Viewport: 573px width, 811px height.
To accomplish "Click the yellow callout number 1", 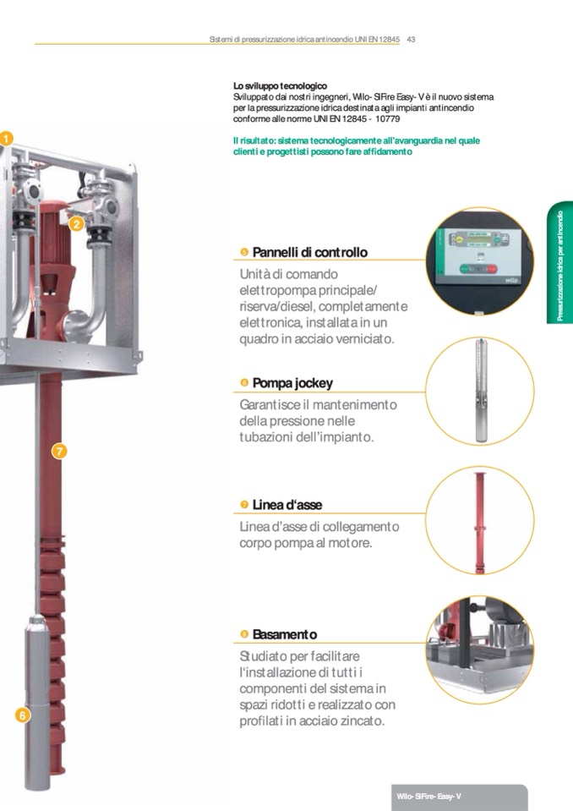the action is point(6,139).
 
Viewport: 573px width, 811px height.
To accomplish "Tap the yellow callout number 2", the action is point(76,224).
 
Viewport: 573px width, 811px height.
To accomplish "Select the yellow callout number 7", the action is point(59,451).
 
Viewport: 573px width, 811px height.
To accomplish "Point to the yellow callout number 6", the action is point(22,715).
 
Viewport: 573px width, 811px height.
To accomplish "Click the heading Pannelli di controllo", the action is point(309,252).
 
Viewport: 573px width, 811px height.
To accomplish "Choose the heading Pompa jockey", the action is point(292,383).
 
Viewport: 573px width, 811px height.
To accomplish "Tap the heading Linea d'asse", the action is point(286,505).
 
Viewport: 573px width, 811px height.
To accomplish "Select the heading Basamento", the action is point(284,634).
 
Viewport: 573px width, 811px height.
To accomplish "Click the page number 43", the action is point(412,39).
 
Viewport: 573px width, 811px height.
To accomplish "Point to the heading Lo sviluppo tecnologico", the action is point(280,86).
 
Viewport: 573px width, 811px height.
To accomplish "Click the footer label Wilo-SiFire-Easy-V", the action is point(428,797).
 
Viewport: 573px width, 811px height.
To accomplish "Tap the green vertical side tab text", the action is point(560,266).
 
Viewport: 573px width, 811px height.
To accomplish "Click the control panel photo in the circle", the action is point(479,260).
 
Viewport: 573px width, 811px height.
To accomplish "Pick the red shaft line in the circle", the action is point(480,522).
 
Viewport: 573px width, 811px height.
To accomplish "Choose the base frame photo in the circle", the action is point(479,649).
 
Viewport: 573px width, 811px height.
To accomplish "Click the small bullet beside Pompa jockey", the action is point(244,383).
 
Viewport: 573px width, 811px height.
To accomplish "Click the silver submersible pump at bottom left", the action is point(37,701).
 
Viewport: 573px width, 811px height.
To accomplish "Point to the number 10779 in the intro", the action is point(388,119).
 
